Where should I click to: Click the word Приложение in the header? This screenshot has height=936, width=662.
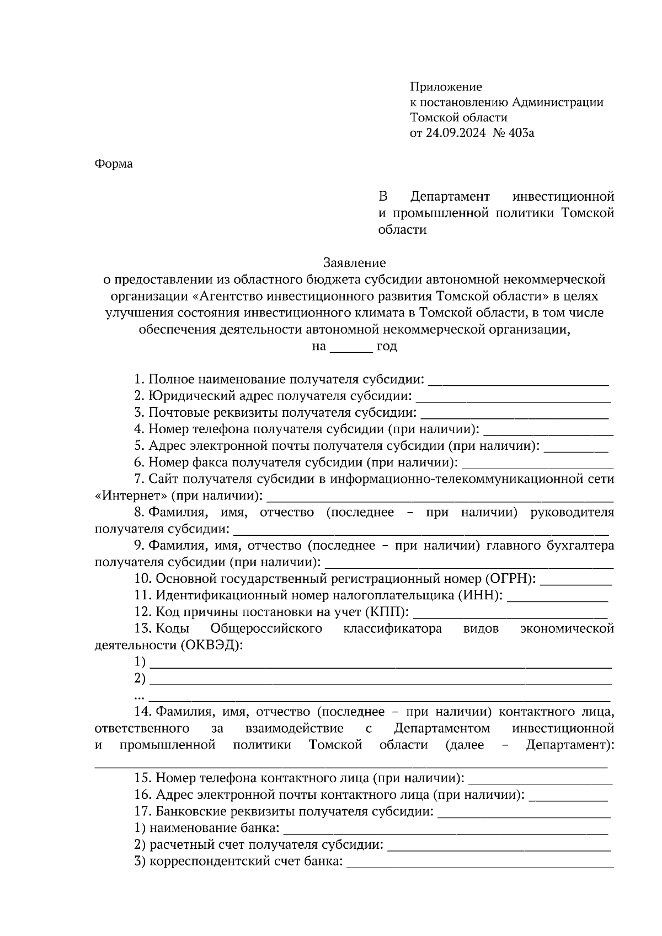pos(446,87)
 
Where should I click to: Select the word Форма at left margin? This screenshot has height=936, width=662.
pos(114,164)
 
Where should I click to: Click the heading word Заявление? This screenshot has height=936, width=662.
pos(354,263)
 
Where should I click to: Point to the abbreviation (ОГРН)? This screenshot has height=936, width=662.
pos(510,579)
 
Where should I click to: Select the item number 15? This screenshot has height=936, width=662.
pos(143,778)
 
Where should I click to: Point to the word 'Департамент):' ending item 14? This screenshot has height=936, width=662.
pos(570,745)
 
